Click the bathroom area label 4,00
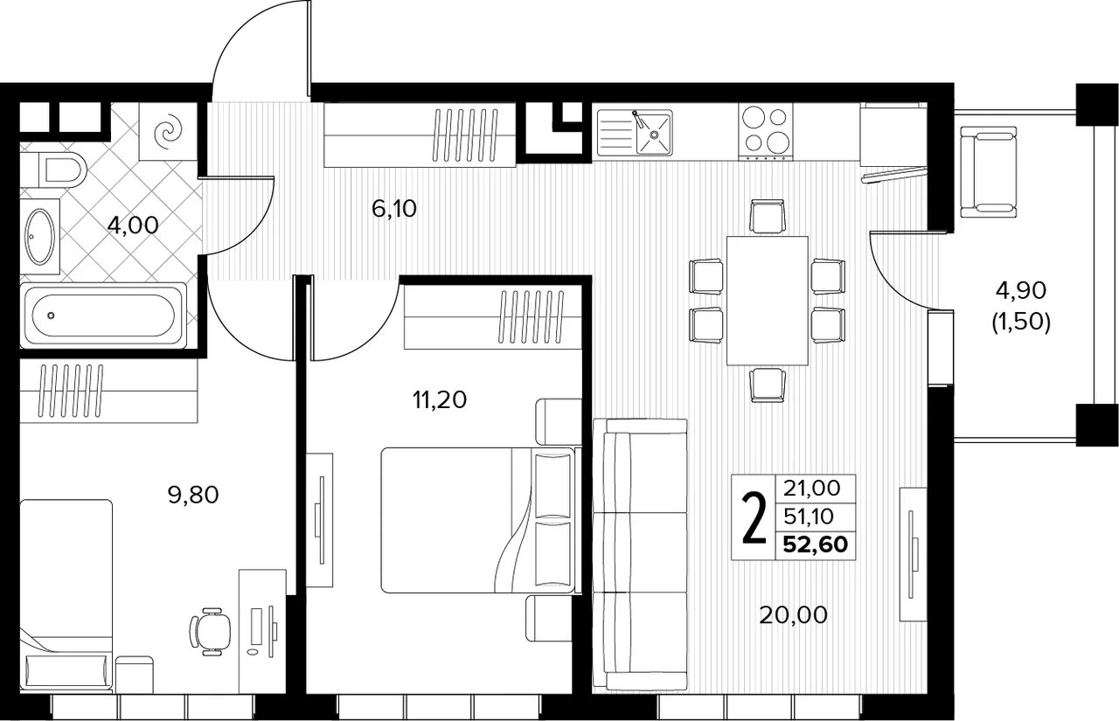(x=133, y=225)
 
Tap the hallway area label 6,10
(x=394, y=208)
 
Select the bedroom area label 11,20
(x=440, y=399)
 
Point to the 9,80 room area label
(x=193, y=495)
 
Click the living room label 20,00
(x=793, y=614)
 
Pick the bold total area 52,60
(x=816, y=544)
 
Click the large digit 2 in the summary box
(x=754, y=516)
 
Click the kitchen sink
(x=635, y=133)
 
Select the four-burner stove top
(x=766, y=133)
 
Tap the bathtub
(x=103, y=315)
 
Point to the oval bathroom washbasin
(x=40, y=236)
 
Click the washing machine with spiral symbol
(x=168, y=131)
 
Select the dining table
(x=768, y=302)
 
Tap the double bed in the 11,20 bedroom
(x=478, y=520)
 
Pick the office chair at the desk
(x=211, y=631)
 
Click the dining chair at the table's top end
(x=768, y=216)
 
